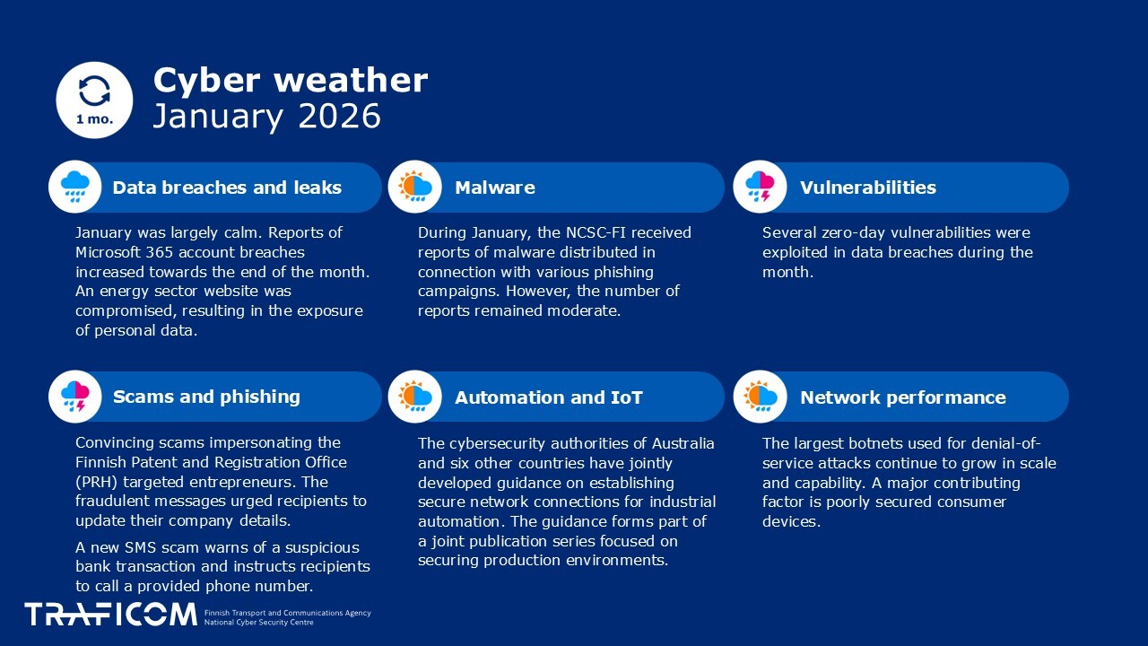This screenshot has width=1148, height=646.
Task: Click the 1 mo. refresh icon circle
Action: (94, 100)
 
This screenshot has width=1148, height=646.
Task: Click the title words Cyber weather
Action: (290, 80)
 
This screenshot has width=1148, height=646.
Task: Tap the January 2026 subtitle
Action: (266, 116)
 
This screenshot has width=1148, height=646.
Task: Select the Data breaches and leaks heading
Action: (227, 188)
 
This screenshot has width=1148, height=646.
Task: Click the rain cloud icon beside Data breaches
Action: (75, 188)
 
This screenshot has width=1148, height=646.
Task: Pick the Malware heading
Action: (494, 188)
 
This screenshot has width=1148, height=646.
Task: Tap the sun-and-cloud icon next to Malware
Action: (415, 188)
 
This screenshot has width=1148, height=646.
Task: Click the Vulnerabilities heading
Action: (867, 188)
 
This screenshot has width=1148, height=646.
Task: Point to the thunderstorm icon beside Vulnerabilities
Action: (760, 188)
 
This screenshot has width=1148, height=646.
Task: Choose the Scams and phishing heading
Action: (206, 397)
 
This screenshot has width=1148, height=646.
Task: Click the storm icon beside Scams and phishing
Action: (75, 397)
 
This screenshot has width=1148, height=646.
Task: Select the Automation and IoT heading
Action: (548, 397)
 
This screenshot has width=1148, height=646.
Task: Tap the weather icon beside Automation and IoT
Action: (415, 397)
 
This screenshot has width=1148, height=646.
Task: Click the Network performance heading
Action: (902, 397)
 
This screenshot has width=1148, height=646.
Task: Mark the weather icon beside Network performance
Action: (760, 397)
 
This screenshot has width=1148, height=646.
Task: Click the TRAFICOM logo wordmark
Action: (110, 615)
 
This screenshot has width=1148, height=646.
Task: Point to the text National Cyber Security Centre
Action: (259, 622)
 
